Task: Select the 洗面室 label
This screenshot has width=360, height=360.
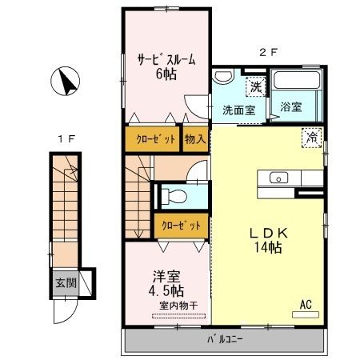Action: click(x=238, y=110)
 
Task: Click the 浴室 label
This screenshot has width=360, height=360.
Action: click(x=290, y=106)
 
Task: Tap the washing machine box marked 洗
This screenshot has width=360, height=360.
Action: click(x=255, y=86)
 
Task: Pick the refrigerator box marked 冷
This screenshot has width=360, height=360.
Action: click(x=311, y=138)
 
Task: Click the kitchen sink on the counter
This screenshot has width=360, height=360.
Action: click(x=280, y=177)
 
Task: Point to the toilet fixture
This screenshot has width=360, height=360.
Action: click(x=178, y=195)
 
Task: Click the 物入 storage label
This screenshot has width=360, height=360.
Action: click(x=195, y=138)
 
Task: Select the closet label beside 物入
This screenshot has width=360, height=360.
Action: click(x=152, y=138)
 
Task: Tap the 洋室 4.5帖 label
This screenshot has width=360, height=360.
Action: click(x=169, y=284)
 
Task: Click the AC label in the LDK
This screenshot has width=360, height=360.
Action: click(x=306, y=304)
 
